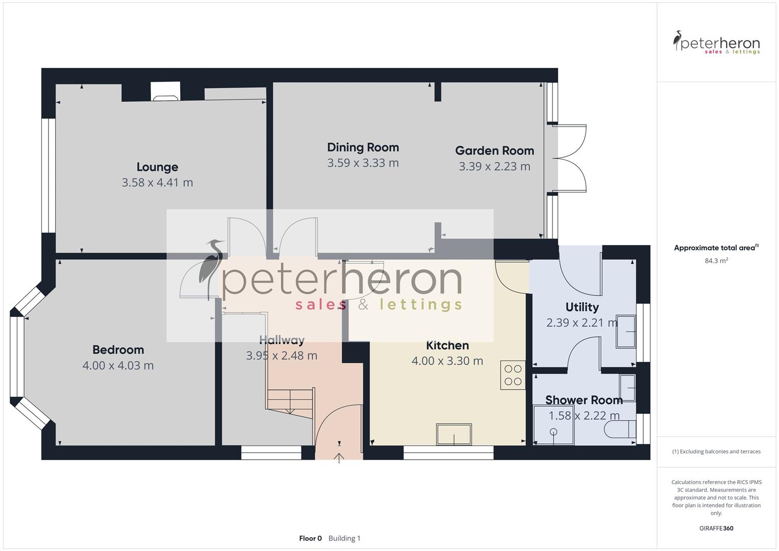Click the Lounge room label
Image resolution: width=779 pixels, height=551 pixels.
tap(157, 167)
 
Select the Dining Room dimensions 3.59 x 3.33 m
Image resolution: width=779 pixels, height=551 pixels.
tap(363, 163)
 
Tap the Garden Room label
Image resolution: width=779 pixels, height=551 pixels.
tap(494, 151)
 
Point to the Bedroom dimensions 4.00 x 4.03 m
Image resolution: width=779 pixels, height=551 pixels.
tap(118, 365)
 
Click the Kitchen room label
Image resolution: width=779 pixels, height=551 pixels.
tap(447, 345)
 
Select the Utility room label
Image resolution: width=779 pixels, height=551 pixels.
tap(582, 307)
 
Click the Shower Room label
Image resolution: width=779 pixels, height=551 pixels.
tap(584, 400)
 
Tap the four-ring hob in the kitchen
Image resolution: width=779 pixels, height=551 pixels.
tap(513, 375)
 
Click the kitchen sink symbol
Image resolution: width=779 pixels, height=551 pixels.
tap(454, 434)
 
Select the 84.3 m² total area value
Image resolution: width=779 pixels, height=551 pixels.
tap(716, 261)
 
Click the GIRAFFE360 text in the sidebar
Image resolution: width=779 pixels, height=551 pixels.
tap(716, 528)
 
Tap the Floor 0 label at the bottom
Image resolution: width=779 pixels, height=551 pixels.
tap(310, 538)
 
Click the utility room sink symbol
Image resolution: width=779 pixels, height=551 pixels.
tap(626, 332)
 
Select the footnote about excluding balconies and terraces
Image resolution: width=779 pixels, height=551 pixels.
tap(716, 452)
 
